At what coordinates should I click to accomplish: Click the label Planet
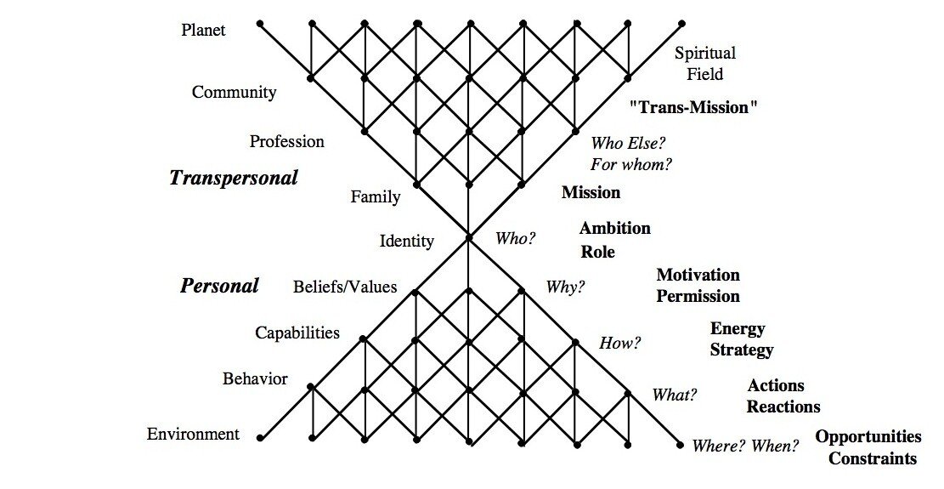(205, 31)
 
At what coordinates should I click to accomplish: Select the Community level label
(234, 93)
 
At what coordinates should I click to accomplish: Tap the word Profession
(286, 141)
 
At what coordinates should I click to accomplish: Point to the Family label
(375, 197)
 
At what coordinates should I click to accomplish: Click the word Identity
(406, 242)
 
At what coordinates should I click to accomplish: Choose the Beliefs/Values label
(345, 287)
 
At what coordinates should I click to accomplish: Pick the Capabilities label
(297, 333)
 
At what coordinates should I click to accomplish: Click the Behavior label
(255, 378)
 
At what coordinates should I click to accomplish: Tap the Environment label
(193, 435)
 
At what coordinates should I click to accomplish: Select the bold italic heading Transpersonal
(234, 178)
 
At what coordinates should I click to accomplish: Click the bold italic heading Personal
(219, 286)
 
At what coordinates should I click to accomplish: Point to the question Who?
(516, 239)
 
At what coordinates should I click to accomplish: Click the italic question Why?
(565, 287)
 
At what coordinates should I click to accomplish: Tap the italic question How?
(619, 344)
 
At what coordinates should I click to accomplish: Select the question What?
(675, 395)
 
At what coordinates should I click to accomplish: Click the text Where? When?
(745, 446)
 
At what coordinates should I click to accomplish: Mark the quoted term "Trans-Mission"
(693, 107)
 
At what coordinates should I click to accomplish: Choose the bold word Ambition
(615, 228)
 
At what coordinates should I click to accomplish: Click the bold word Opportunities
(868, 437)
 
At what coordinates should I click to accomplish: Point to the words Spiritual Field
(705, 64)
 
